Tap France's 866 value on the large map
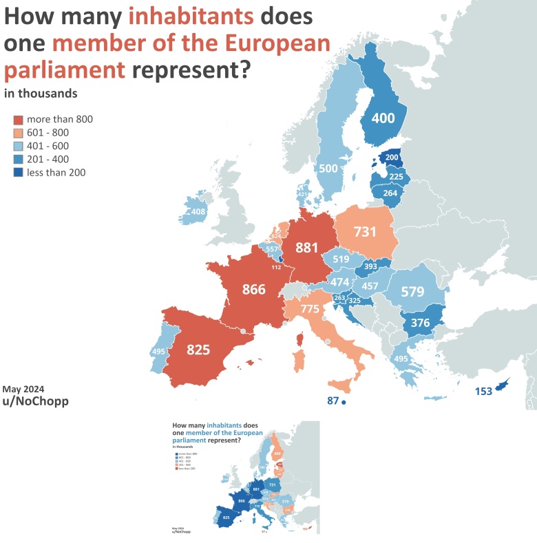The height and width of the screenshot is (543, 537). (253, 289)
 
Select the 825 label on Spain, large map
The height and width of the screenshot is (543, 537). (198, 350)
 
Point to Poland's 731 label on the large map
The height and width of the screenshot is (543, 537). (366, 232)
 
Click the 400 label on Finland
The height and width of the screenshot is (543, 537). (383, 118)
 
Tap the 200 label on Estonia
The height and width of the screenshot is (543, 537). (392, 158)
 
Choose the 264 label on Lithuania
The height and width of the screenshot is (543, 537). (390, 193)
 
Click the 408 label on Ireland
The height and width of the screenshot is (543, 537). (198, 211)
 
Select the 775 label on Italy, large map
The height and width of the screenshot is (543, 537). (310, 309)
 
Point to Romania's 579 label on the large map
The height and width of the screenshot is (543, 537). (412, 292)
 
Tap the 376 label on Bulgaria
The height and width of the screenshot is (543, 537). (421, 323)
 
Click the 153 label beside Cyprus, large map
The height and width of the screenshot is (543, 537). (483, 392)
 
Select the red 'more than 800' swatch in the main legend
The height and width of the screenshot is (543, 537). (19, 119)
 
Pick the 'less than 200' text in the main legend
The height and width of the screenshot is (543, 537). (56, 173)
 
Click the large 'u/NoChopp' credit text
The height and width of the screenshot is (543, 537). (36, 401)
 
